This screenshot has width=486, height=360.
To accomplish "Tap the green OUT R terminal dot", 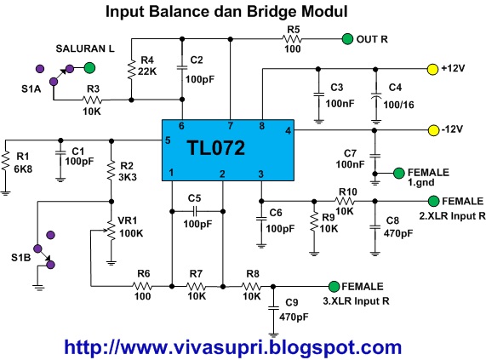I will [x=346, y=39].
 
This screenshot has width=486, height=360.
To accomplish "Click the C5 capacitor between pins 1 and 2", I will [x=195, y=209].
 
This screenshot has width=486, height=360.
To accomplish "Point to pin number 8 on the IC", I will [x=262, y=125].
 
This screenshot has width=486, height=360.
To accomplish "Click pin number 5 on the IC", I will [x=169, y=140].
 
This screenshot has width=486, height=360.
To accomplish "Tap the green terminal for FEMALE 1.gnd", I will [x=398, y=174].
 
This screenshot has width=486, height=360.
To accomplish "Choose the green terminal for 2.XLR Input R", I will [x=433, y=201].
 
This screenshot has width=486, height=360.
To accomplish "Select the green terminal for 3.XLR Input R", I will [x=333, y=287].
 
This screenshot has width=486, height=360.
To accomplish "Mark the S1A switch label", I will [x=31, y=87].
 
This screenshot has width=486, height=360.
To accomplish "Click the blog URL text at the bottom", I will [x=232, y=346].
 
